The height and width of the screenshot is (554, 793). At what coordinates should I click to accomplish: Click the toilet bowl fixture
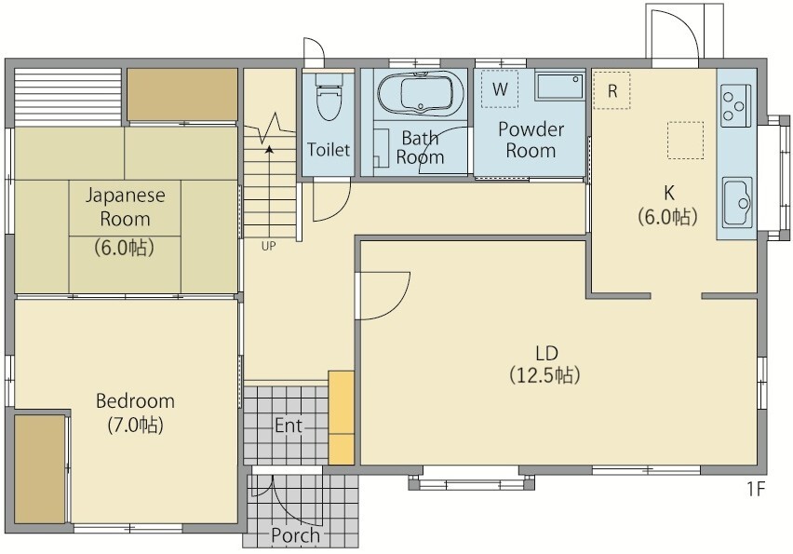(x=329, y=97)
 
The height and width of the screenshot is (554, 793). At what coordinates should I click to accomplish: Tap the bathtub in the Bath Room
(x=421, y=94)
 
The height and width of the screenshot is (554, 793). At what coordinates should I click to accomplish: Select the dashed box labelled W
(x=500, y=89)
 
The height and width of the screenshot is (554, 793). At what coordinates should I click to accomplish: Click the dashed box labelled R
(x=612, y=90)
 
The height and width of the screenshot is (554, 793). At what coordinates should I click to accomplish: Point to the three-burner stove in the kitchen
(x=736, y=106)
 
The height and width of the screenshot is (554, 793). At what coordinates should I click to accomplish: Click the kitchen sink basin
(x=737, y=202)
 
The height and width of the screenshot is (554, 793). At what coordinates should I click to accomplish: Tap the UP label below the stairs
(x=269, y=247)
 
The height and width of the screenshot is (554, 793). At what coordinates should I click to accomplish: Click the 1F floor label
(x=756, y=489)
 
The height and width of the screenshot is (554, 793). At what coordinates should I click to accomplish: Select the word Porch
(x=295, y=535)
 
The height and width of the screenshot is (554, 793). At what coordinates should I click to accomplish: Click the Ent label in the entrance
(x=289, y=426)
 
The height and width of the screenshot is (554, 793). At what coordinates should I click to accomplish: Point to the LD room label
(x=546, y=353)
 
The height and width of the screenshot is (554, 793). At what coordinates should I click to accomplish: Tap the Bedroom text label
(x=135, y=401)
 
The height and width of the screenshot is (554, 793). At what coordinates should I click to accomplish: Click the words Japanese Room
(x=125, y=207)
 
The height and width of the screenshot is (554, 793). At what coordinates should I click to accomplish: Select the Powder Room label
(x=531, y=141)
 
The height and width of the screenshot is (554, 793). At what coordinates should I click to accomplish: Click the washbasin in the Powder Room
(x=559, y=86)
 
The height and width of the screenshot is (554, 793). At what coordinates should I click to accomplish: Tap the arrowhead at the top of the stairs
(x=269, y=149)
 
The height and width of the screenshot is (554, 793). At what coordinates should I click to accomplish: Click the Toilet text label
(x=329, y=150)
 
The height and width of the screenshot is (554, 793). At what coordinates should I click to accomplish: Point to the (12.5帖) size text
(x=544, y=375)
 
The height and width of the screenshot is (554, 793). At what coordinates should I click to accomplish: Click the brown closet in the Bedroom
(x=39, y=469)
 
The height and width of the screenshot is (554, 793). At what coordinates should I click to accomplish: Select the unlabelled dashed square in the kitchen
(x=685, y=141)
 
